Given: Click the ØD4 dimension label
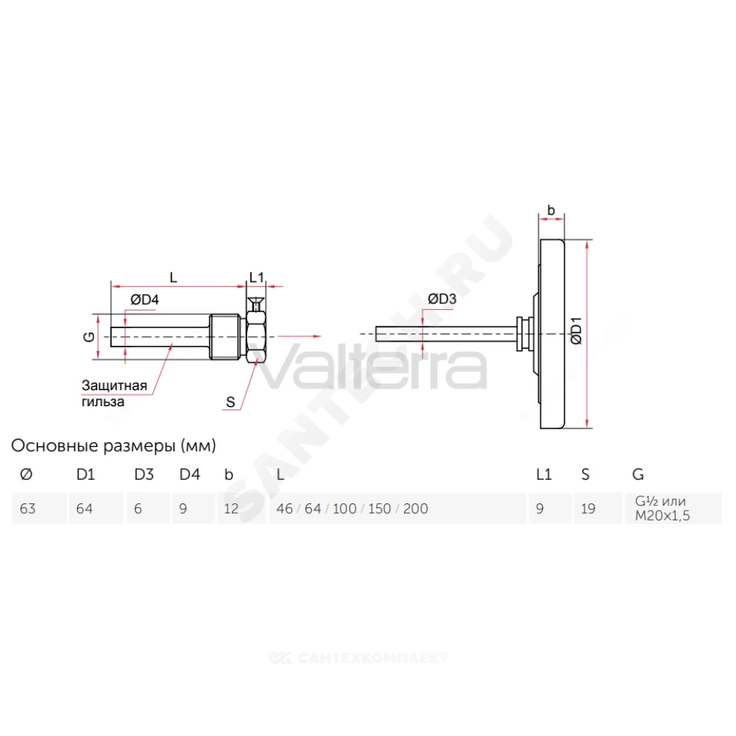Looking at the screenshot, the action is point(144,300).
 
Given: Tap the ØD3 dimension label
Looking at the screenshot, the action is point(442,299).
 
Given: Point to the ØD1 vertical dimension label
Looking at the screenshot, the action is point(576,331).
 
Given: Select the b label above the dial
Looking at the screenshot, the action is point(551,210).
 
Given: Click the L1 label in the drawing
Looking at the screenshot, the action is point(256,277).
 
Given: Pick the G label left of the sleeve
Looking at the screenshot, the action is point(89,336).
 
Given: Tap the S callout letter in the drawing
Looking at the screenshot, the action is point(230,403).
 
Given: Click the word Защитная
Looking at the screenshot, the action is point(114,386).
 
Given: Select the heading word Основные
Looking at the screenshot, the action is point(55,445).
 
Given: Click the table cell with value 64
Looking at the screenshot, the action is point(85,509).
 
